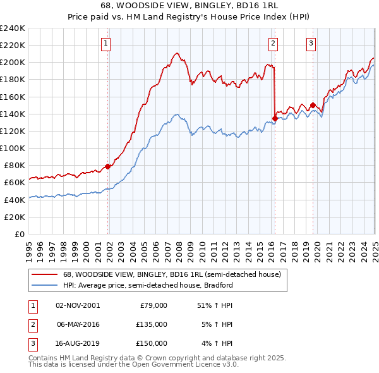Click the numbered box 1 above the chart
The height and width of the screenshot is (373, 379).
105,44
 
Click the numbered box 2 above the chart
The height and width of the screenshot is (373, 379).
273,44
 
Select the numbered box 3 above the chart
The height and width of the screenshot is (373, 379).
311,44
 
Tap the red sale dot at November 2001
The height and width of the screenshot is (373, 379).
107,166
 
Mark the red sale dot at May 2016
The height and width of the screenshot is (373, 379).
275,117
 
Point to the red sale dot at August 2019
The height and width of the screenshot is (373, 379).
313,105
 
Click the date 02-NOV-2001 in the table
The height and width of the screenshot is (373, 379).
78,305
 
